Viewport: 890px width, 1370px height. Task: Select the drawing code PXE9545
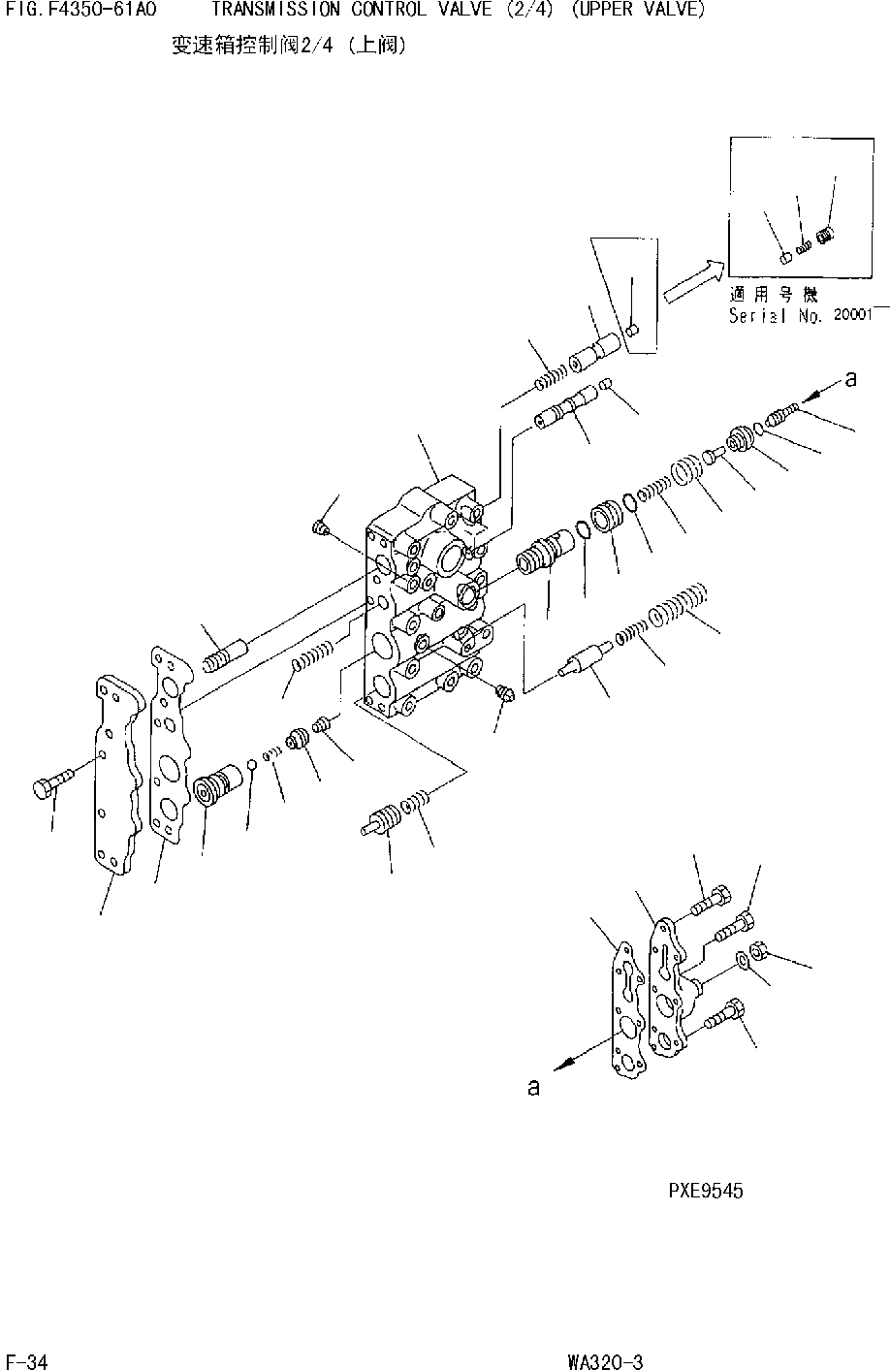705,1191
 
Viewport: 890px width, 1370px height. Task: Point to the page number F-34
26,1361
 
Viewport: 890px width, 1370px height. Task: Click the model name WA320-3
605,1361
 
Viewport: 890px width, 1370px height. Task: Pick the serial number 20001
851,315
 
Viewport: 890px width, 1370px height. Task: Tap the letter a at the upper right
850,380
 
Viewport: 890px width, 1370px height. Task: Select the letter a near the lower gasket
532,1087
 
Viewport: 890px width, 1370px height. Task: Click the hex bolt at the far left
51,781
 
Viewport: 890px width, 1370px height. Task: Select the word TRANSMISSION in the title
275,11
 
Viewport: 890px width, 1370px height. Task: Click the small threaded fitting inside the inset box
825,236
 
